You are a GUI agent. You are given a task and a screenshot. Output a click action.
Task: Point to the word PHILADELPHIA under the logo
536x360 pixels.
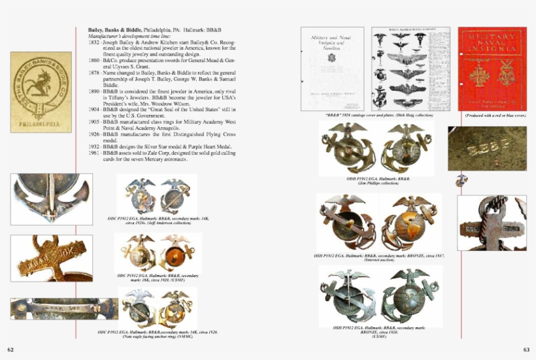point(41,122)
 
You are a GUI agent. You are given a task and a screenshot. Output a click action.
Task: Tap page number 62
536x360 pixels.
point(10,350)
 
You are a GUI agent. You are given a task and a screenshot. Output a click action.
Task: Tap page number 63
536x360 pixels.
point(526,350)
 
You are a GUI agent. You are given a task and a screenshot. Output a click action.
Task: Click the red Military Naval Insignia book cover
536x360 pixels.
point(492,69)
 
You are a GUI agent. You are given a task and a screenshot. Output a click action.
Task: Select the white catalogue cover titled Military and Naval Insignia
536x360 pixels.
point(332,69)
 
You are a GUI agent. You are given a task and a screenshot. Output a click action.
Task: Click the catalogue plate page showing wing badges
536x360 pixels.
point(410,69)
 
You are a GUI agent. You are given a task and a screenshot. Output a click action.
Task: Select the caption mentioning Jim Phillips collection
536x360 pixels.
point(378,181)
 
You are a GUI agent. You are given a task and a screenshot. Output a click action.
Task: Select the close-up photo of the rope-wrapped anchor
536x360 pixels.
point(492,222)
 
